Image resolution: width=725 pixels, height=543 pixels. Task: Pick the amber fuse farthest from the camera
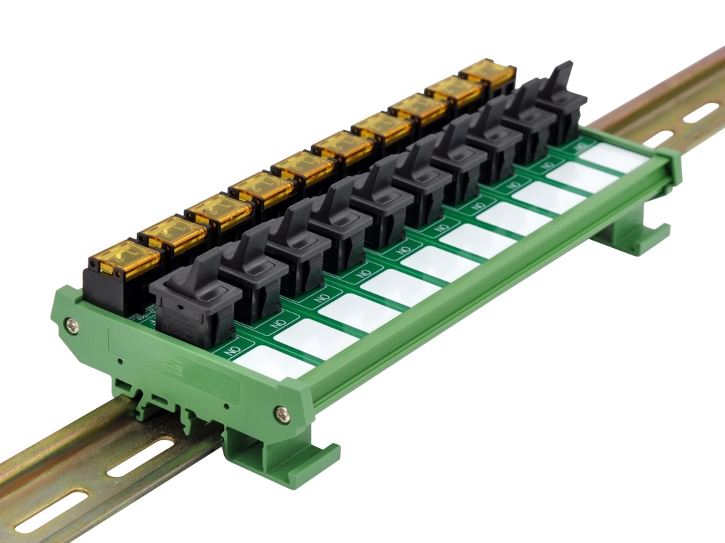[488, 72]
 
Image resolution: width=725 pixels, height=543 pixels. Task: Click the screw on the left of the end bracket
[70, 326]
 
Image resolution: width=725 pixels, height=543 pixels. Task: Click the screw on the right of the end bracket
[282, 414]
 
